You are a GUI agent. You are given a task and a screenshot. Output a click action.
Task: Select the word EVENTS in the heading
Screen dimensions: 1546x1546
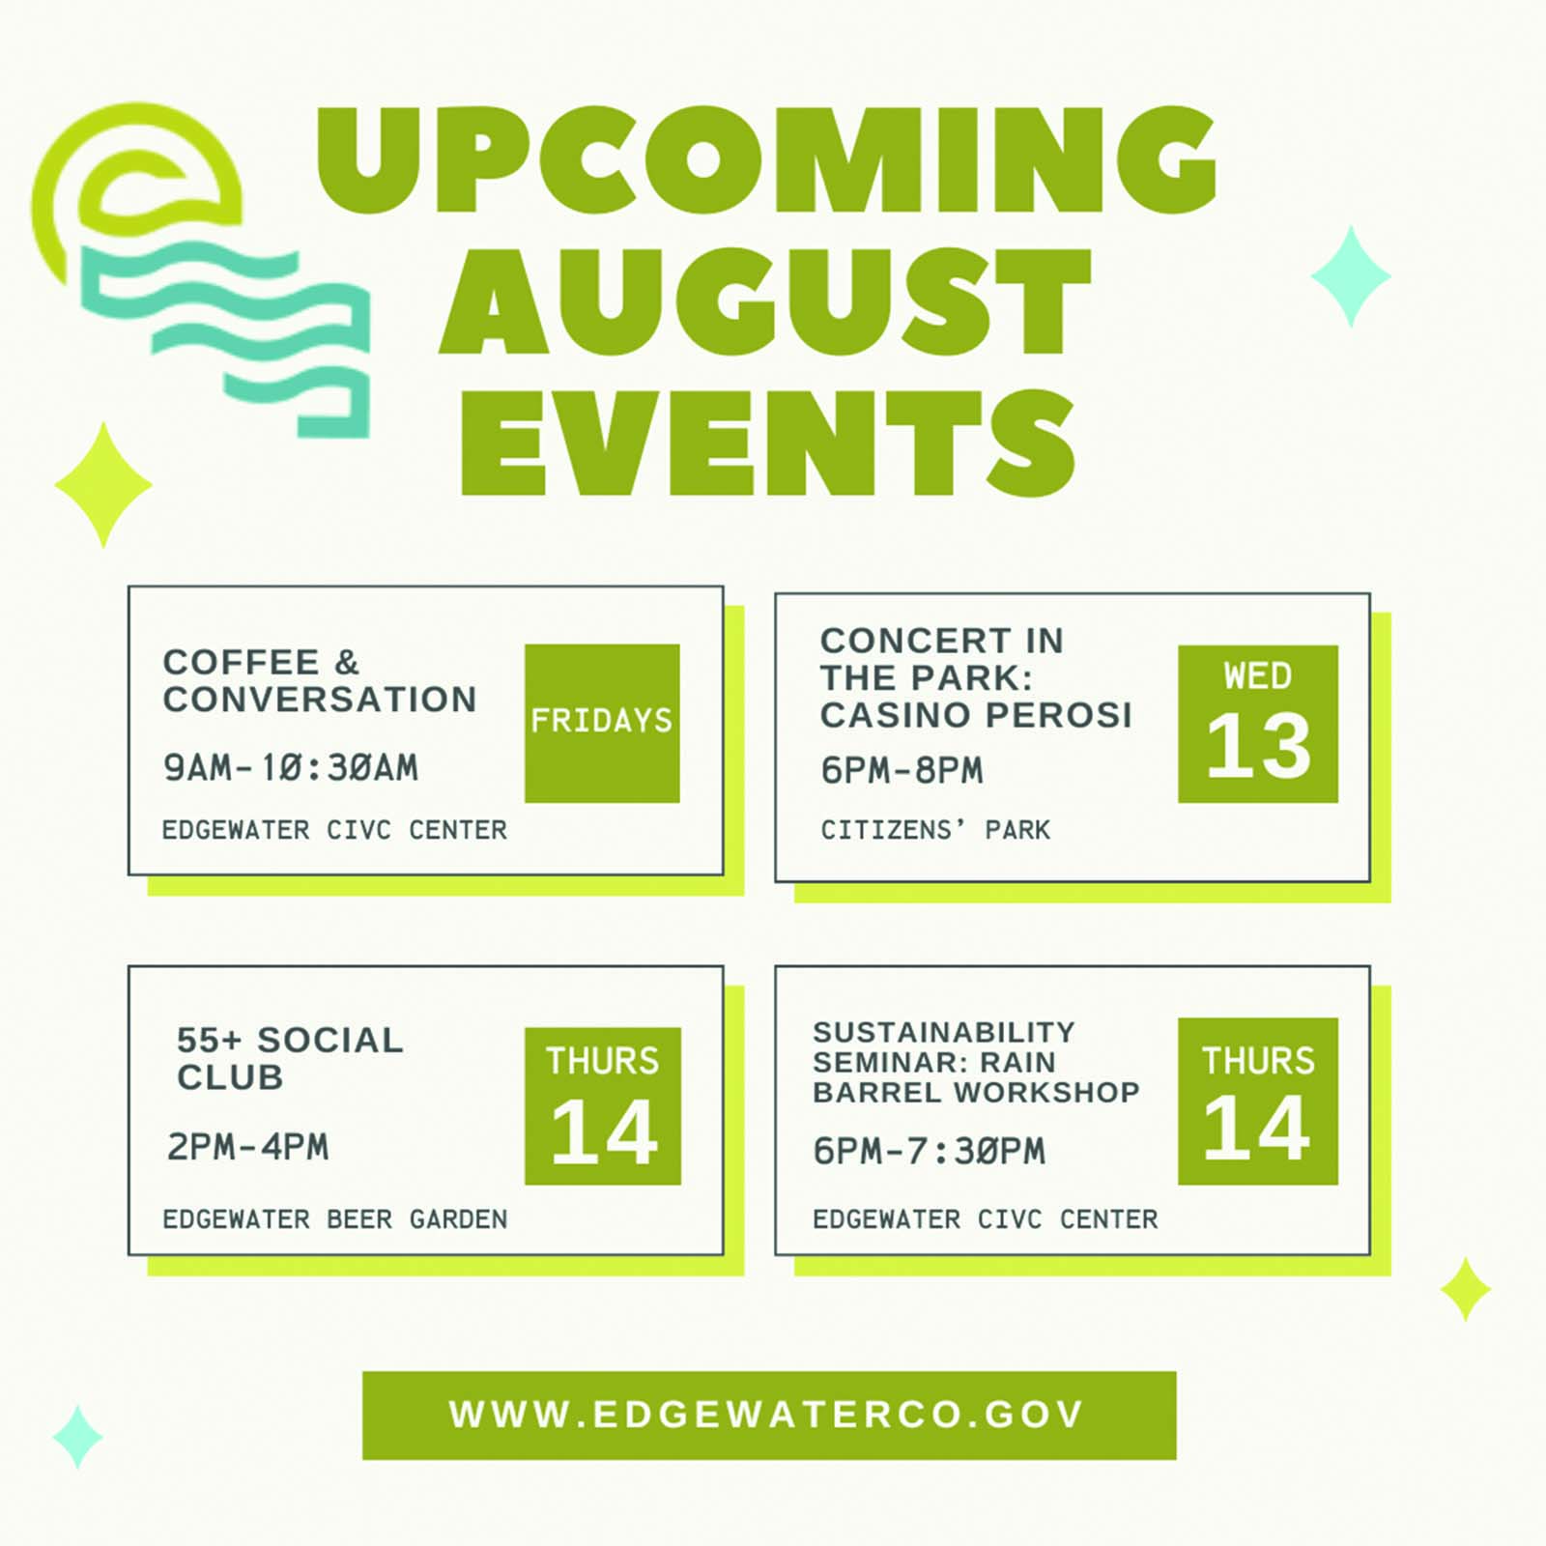(x=768, y=443)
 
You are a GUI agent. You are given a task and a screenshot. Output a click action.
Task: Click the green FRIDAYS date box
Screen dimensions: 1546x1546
(x=602, y=723)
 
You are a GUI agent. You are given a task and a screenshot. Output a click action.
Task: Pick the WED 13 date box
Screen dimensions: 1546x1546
(x=1258, y=724)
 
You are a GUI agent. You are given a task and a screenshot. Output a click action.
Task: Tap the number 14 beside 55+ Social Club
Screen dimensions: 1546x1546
(x=605, y=1132)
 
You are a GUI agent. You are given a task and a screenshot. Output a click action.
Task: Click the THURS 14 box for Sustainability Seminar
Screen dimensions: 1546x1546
(x=1258, y=1101)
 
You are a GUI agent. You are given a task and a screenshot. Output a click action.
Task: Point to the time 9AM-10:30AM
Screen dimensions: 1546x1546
(x=291, y=768)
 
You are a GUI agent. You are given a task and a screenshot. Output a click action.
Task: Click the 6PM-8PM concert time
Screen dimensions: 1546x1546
(x=902, y=770)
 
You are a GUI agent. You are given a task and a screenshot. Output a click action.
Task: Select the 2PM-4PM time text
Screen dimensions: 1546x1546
(x=247, y=1147)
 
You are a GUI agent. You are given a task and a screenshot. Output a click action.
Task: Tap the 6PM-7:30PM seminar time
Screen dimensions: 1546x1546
(x=929, y=1151)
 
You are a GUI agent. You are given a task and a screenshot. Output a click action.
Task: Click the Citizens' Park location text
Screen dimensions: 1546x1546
(x=935, y=830)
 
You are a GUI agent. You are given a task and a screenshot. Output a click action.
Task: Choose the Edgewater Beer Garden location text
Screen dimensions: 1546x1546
(x=334, y=1219)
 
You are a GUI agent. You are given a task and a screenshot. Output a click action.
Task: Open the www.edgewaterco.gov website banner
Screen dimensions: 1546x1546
(x=769, y=1415)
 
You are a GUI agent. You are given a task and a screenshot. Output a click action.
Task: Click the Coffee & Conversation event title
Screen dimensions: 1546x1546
(x=320, y=681)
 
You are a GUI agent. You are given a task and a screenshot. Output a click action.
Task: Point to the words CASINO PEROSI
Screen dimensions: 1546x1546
(x=976, y=715)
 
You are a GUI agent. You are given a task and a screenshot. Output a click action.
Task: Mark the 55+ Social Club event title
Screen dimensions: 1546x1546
(x=290, y=1059)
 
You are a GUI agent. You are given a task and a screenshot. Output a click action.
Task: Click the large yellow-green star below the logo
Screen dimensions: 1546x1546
(x=103, y=485)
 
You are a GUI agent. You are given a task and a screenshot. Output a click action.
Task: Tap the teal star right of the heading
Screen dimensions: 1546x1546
(x=1351, y=276)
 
